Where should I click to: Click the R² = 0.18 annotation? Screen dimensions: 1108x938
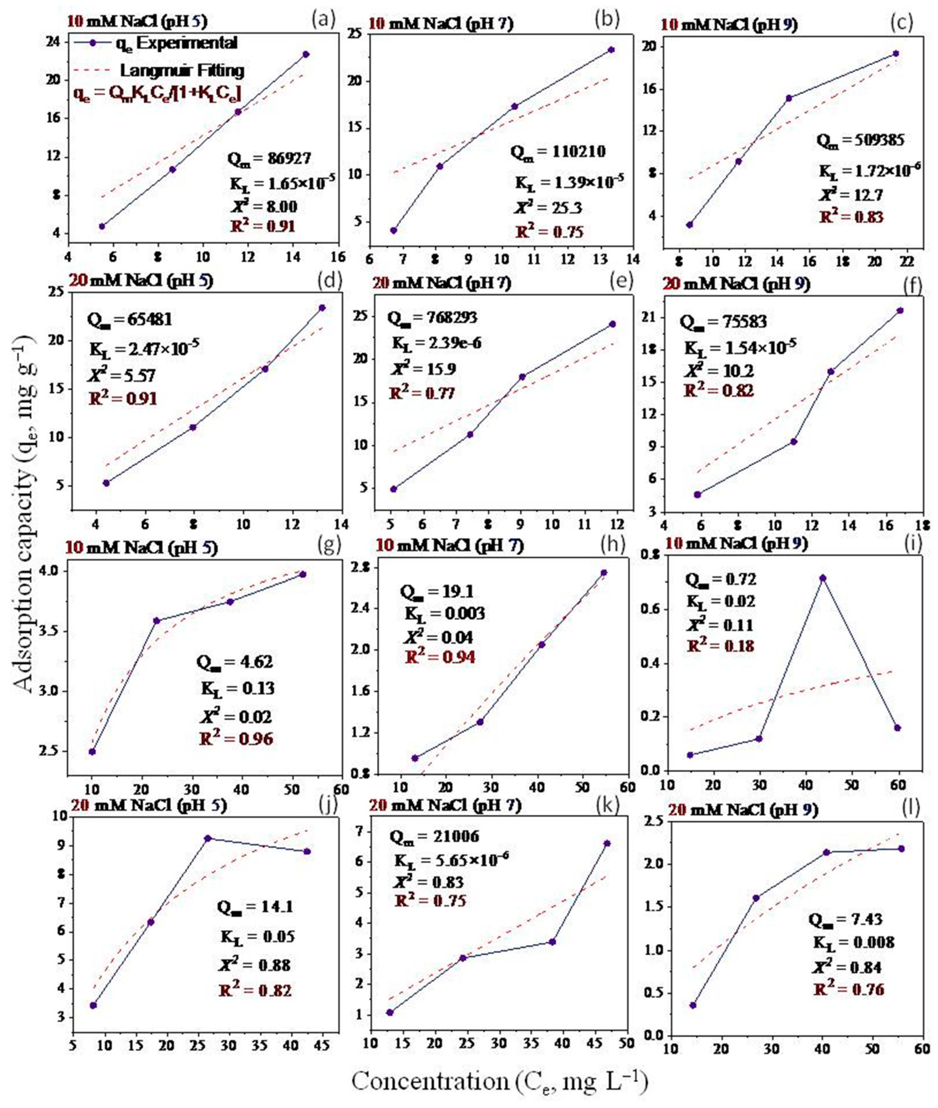click(x=721, y=646)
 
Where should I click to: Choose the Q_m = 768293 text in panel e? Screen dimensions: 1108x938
click(x=432, y=318)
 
